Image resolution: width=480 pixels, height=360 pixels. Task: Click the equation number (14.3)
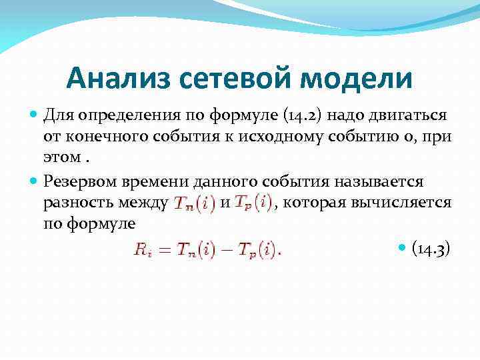click(431, 249)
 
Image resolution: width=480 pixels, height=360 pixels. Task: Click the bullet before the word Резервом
click(34, 180)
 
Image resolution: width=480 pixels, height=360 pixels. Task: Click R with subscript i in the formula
click(142, 251)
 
